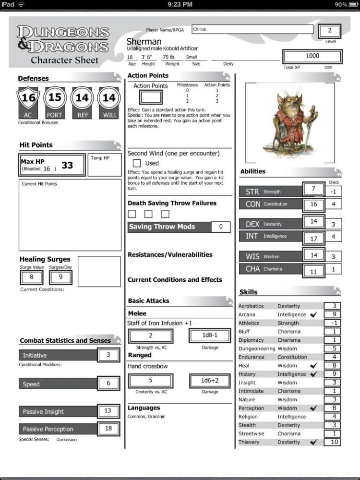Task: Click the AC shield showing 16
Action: (28, 98)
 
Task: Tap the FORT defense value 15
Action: (55, 98)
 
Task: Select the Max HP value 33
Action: (67, 166)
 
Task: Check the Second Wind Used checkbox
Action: (137, 163)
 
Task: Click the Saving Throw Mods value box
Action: (221, 227)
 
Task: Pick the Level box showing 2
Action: (330, 31)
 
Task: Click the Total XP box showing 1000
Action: (312, 56)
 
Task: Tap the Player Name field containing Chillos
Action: (252, 30)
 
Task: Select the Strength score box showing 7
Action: (313, 189)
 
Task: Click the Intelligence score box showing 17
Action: (313, 239)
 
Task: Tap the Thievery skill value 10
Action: (333, 442)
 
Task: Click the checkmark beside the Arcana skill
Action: (313, 314)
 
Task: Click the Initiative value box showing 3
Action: (108, 355)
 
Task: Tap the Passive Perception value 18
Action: (108, 428)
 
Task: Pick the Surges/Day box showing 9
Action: (60, 277)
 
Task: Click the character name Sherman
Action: (144, 42)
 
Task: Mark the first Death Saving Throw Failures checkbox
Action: (132, 214)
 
